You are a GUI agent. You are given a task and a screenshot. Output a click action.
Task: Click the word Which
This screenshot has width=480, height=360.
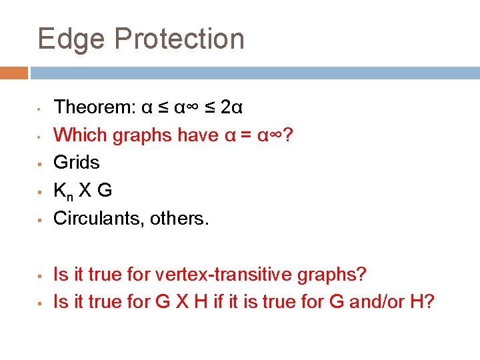[80, 135]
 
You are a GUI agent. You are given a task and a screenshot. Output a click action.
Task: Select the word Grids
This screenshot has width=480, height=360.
[76, 162]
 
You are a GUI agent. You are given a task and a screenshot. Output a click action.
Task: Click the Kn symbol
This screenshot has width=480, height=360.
[64, 191]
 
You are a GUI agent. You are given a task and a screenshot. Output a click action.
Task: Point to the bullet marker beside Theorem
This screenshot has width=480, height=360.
[41, 108]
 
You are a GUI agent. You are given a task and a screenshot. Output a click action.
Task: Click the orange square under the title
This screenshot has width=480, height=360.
[13, 73]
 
